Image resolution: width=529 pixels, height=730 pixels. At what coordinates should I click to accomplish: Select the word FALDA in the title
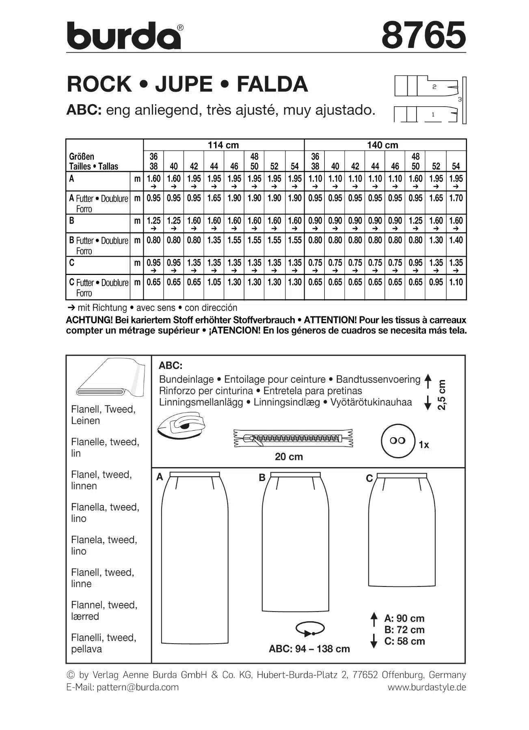[x=272, y=84]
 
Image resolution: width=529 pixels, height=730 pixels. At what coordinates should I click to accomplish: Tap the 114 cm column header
[x=223, y=145]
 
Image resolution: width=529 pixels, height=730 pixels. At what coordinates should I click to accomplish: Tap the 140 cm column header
[x=382, y=145]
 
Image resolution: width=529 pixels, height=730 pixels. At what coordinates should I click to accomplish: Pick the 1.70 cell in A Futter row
[x=456, y=198]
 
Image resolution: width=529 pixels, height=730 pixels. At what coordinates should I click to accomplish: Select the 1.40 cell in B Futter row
[x=456, y=240]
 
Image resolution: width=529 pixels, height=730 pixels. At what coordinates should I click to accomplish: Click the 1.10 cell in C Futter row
[x=456, y=282]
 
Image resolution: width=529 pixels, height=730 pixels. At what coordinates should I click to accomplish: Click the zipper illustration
[x=293, y=438]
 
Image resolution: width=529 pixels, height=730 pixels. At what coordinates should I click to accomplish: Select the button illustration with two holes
[x=398, y=441]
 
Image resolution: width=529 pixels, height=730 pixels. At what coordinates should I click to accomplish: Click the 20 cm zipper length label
[x=289, y=457]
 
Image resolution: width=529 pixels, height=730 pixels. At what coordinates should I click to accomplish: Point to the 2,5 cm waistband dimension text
[x=442, y=395]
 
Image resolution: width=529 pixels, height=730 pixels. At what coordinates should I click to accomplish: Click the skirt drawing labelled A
[x=194, y=558]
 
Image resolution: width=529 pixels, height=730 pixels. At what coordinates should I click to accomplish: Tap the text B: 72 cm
[x=404, y=630]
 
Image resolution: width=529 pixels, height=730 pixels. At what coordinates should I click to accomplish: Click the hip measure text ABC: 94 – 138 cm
[x=309, y=649]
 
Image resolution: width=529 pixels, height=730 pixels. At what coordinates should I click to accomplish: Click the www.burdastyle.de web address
[x=426, y=687]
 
